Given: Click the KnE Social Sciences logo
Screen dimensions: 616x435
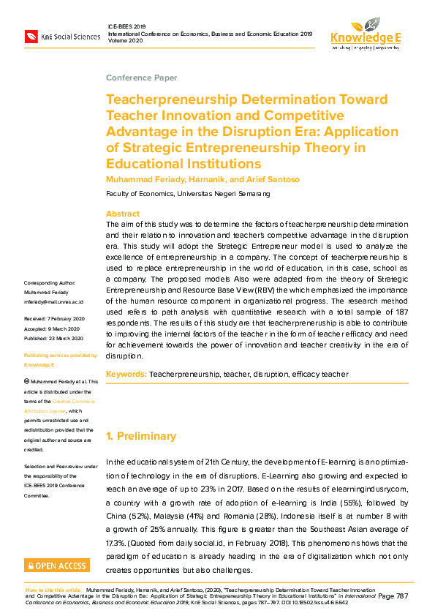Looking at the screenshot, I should coord(61,36).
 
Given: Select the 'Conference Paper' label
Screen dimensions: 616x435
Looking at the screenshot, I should coord(141,78).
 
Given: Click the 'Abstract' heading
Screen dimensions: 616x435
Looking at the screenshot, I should coord(123,214).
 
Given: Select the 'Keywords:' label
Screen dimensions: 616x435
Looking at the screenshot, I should coord(126,374).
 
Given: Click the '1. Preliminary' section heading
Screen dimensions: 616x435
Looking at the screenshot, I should coord(141,436).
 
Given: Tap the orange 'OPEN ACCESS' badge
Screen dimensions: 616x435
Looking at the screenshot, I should coord(57,565).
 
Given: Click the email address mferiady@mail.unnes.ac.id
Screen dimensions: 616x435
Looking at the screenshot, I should coord(53,301).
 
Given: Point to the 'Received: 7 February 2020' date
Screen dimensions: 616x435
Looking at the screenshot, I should coord(54,319).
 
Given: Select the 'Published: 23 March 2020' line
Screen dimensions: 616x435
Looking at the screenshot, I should coord(54,338).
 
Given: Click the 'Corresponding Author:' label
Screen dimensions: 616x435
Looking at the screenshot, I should coord(49,282).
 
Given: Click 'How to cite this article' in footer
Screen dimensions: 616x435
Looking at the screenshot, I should coord(53,589).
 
